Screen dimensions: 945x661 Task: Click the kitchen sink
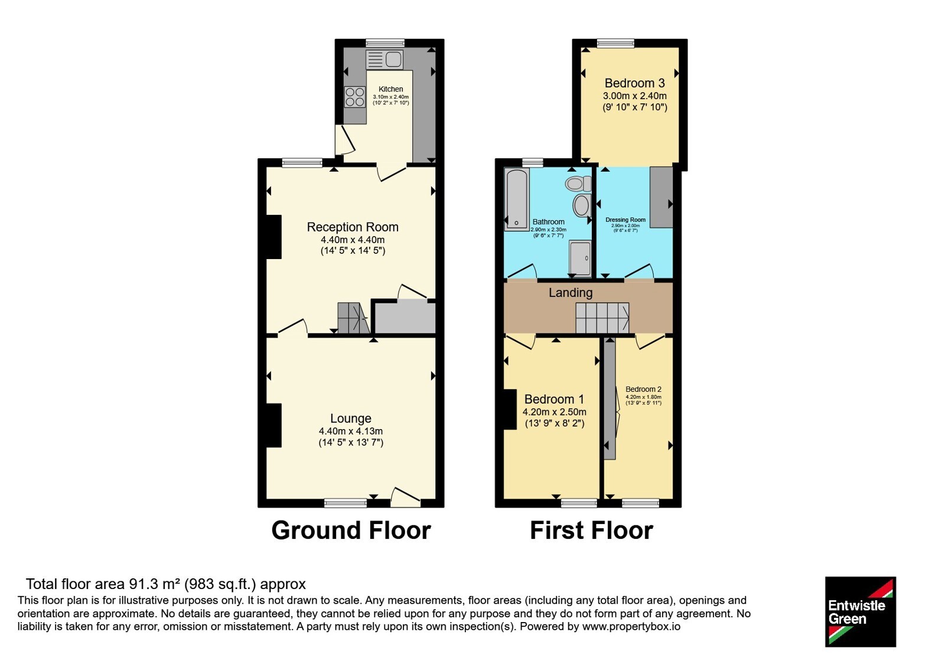tap(384, 60)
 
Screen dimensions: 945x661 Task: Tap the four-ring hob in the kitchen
tap(355, 97)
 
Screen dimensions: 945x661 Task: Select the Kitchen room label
tap(390, 89)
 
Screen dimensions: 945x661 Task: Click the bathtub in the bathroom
tap(517, 199)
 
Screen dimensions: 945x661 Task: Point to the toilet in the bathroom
tap(578, 184)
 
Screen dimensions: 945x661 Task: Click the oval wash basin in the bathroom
tap(581, 206)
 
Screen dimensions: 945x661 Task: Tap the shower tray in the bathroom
tap(580, 258)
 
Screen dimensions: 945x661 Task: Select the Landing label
tap(571, 293)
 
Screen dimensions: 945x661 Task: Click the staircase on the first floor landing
tap(602, 318)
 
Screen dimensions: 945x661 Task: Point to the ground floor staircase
tap(354, 318)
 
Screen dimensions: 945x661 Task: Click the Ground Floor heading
tap(351, 531)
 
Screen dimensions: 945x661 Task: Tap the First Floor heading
tap(591, 531)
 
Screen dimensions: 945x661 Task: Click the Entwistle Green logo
tap(861, 611)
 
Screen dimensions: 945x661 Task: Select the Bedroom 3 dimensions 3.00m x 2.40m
tap(635, 96)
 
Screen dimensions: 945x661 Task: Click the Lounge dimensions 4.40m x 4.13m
tap(351, 431)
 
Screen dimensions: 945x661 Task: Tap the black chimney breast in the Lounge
tap(274, 426)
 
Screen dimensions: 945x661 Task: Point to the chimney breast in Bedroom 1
tap(510, 410)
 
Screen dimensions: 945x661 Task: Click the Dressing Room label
tap(625, 220)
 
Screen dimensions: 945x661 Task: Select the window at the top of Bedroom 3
tap(615, 43)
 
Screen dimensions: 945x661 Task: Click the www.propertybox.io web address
tap(631, 626)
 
